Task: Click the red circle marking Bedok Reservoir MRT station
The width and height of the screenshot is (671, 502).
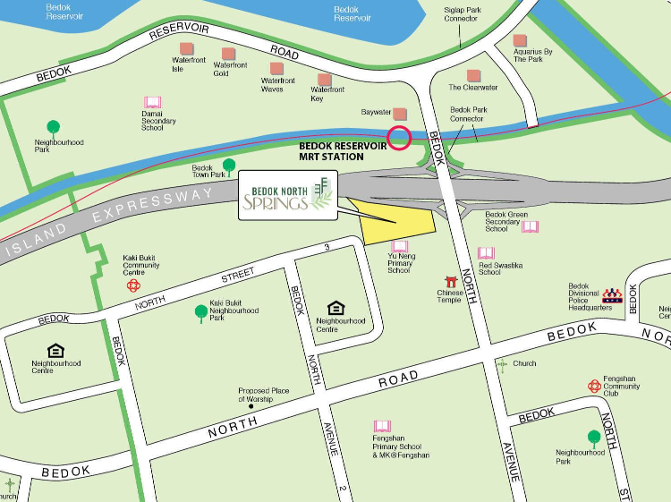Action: (399, 138)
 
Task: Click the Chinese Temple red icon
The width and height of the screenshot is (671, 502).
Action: (451, 282)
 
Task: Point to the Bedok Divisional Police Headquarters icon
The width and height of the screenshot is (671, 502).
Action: (612, 294)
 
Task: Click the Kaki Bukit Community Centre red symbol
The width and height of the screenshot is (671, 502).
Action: (133, 285)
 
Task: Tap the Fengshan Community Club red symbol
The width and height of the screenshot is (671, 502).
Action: (594, 386)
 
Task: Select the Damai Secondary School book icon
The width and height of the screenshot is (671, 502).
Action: (152, 103)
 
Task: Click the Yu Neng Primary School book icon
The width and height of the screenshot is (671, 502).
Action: (400, 246)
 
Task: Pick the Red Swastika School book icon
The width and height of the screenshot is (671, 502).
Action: (486, 253)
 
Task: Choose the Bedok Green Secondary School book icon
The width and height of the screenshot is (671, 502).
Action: (531, 226)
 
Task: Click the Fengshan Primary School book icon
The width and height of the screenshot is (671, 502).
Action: (382, 426)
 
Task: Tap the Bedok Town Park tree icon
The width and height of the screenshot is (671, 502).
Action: (229, 165)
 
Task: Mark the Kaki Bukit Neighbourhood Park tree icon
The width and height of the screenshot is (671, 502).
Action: (200, 311)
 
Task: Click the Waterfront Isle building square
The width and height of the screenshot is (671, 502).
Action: (186, 48)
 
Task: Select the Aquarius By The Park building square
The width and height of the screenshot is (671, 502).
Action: (520, 40)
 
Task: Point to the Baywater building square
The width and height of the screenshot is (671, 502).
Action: (400, 114)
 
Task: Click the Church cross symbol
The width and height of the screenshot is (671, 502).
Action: (502, 363)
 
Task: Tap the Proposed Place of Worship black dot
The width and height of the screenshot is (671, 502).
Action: (251, 406)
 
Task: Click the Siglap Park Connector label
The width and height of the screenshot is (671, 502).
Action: (462, 15)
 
